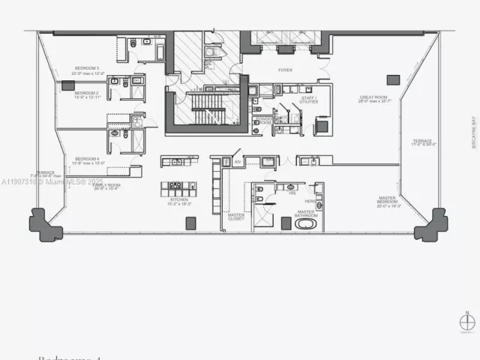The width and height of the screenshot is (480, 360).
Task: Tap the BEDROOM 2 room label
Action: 85,93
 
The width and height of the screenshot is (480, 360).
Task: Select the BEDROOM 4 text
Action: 87,158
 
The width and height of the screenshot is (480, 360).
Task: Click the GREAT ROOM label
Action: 372,97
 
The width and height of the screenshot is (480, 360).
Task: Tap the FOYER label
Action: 285,70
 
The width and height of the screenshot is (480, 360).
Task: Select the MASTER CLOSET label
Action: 236,217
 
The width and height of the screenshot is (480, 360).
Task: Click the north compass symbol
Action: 467,322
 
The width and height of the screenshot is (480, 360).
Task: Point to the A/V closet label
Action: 237,160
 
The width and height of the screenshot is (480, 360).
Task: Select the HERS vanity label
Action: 310,202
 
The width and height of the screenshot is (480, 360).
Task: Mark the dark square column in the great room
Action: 393,79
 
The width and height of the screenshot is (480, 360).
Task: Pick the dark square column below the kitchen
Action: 190,223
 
